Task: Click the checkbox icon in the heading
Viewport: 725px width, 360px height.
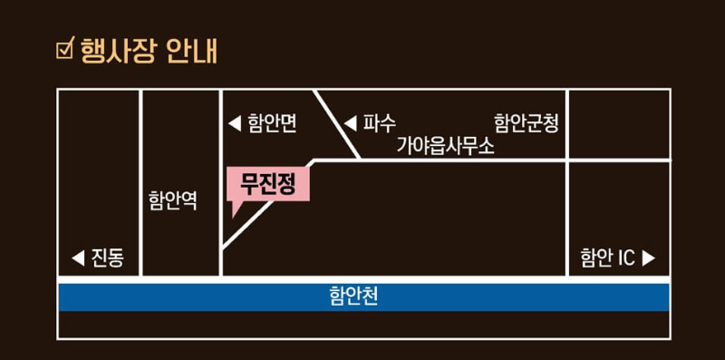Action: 64,48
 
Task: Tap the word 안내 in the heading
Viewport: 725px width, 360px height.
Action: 191,49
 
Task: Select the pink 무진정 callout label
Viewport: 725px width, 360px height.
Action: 267,184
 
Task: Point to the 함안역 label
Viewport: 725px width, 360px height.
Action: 172,200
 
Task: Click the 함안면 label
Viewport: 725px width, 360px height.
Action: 272,123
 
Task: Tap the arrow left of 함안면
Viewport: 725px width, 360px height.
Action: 234,123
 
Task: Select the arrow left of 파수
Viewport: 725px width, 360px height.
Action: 350,122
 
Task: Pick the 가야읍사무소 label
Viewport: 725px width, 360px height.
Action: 445,146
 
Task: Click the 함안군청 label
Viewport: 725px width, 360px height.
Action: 526,122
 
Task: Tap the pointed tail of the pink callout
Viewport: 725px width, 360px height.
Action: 235,211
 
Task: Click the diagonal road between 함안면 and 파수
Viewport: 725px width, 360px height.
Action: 337,125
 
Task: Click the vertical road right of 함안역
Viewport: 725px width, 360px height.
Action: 221,181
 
